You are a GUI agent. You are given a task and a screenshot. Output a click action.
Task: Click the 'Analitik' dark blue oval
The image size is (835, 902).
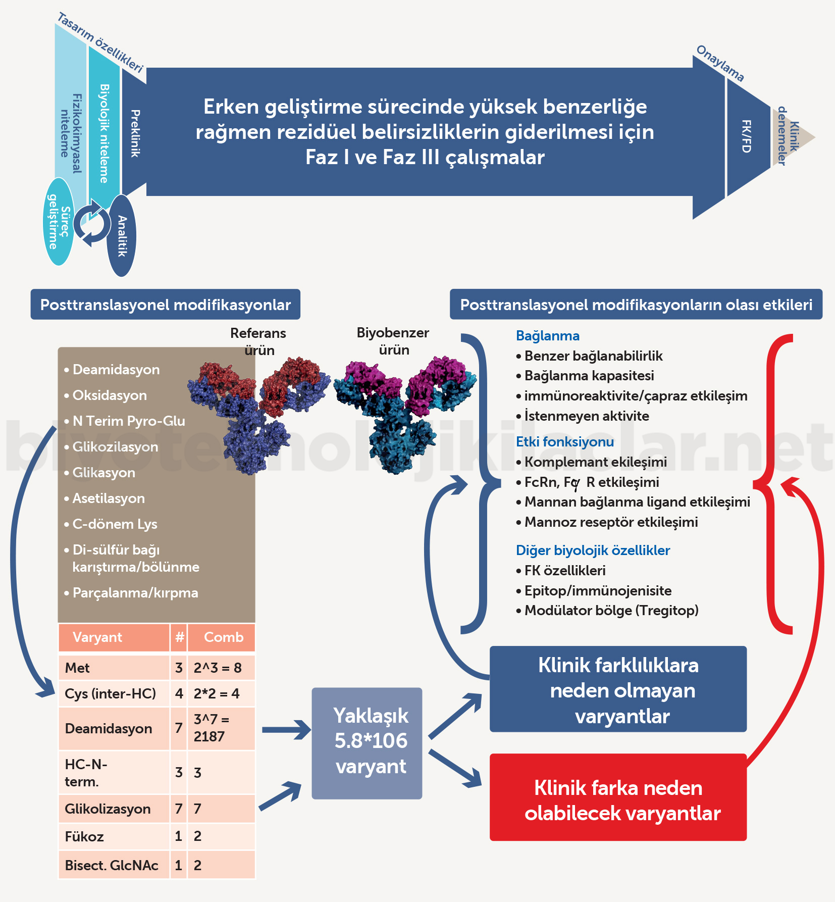click(122, 236)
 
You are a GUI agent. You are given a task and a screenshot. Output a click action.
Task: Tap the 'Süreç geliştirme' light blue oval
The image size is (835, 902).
click(59, 222)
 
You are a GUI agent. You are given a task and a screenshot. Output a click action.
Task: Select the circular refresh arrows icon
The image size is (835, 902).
click(92, 223)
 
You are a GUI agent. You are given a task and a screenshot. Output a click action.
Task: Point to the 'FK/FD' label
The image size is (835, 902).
click(746, 136)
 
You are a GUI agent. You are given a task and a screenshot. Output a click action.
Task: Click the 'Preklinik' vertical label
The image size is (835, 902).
click(135, 133)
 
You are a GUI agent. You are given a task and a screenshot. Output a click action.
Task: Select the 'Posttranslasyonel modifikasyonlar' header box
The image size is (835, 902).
click(166, 305)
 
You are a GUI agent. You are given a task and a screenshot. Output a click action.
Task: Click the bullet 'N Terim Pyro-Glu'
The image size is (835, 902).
click(129, 421)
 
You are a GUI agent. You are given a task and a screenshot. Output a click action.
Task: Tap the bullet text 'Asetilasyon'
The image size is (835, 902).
click(109, 498)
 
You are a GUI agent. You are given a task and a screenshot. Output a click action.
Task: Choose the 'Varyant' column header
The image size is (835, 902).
click(97, 637)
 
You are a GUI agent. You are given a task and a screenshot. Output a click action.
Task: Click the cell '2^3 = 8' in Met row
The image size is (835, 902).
click(218, 668)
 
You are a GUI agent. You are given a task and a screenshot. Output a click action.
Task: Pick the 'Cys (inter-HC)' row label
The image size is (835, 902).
click(110, 693)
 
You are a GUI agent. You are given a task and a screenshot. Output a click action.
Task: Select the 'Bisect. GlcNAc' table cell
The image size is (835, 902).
click(112, 865)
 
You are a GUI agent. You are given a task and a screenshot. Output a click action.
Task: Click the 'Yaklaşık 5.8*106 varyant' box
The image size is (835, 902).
click(367, 743)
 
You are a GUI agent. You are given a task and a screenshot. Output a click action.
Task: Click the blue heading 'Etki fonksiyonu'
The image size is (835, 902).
click(565, 442)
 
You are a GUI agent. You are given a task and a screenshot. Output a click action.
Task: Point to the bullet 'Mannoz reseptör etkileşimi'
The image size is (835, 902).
click(611, 522)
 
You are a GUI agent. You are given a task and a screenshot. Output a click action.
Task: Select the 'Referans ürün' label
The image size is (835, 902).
click(258, 341)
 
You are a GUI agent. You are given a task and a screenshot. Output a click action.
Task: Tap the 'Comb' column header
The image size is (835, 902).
click(223, 637)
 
